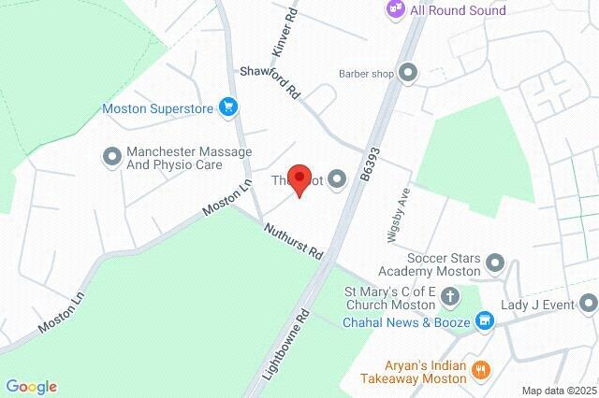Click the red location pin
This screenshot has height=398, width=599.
coord(299,178)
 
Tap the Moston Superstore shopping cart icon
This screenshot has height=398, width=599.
coord(227,108)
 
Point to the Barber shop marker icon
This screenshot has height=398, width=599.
coord(407,72)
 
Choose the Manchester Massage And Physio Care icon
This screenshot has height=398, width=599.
coord(112,156)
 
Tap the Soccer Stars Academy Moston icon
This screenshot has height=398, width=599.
coord(495,264)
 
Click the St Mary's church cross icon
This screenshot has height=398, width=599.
coord(450,298)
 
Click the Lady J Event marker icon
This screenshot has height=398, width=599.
coord(589,303)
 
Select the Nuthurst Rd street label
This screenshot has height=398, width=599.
coord(293,241)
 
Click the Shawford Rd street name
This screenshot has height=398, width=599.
coord(270,81)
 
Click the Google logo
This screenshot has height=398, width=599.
coord(31,387)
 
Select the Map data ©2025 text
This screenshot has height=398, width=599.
coord(558,391)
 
